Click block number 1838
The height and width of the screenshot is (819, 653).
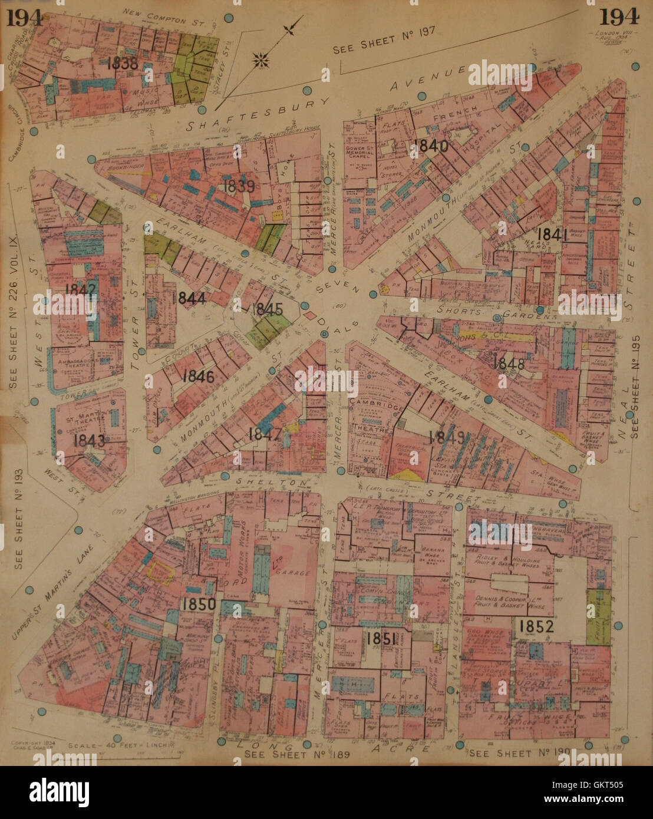(123, 63)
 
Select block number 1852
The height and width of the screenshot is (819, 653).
(536, 626)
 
